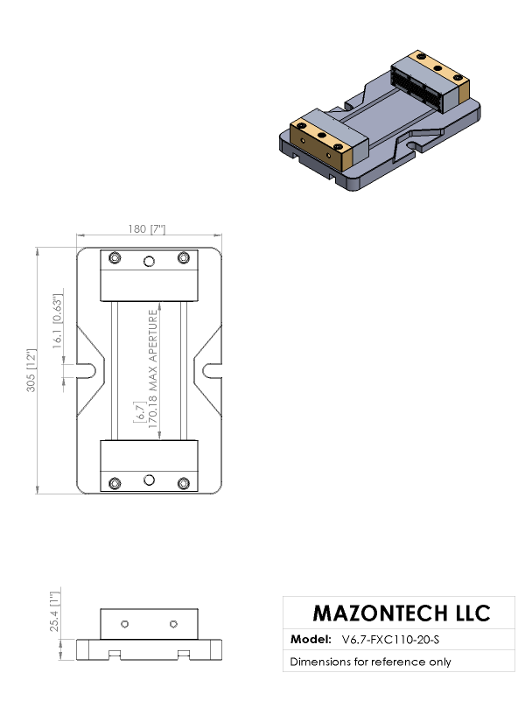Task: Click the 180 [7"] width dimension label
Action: (x=147, y=228)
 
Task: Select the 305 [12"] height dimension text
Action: (x=31, y=370)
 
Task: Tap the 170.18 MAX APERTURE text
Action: (x=153, y=368)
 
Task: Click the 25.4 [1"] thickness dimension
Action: (x=55, y=612)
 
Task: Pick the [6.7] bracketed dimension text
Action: (x=139, y=412)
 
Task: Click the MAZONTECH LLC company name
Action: (x=402, y=613)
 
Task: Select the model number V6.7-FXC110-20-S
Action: (x=390, y=640)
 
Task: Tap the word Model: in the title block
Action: (x=311, y=639)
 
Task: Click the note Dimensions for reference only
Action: (x=370, y=662)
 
